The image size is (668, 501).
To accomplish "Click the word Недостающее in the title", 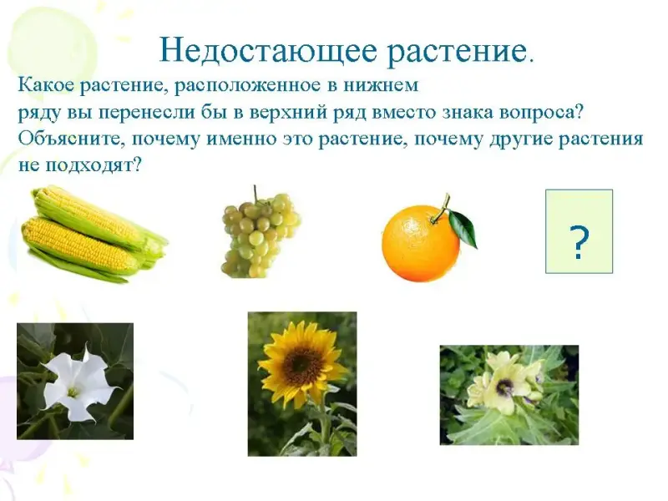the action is pos(268,51).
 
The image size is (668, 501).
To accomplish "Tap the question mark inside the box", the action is pos(579,243).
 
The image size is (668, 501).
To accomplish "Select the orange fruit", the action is pos(421,243).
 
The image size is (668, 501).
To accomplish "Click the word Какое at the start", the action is pos(44,86).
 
